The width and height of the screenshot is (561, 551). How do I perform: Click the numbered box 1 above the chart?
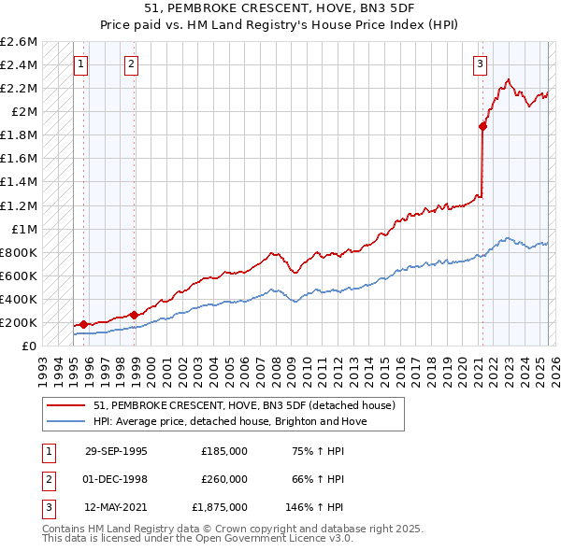(81, 64)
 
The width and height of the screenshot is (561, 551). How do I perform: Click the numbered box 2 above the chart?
(131, 64)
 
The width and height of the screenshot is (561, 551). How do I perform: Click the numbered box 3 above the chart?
(480, 64)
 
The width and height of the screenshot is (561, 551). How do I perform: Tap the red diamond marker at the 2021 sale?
(483, 126)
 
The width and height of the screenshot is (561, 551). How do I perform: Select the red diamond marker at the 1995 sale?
(84, 324)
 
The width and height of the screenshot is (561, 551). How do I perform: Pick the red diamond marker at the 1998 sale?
(134, 315)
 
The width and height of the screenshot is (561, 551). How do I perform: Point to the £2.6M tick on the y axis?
(19, 42)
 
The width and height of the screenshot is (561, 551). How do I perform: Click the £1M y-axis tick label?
(23, 229)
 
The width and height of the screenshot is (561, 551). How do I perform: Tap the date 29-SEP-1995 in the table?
(116, 451)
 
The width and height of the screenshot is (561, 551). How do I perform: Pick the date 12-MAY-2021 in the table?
(116, 507)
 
